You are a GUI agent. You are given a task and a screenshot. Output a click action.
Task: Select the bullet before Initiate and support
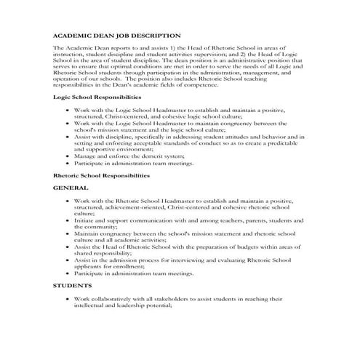point(67,220)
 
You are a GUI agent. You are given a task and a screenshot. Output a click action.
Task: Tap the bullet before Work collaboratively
point(67,298)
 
